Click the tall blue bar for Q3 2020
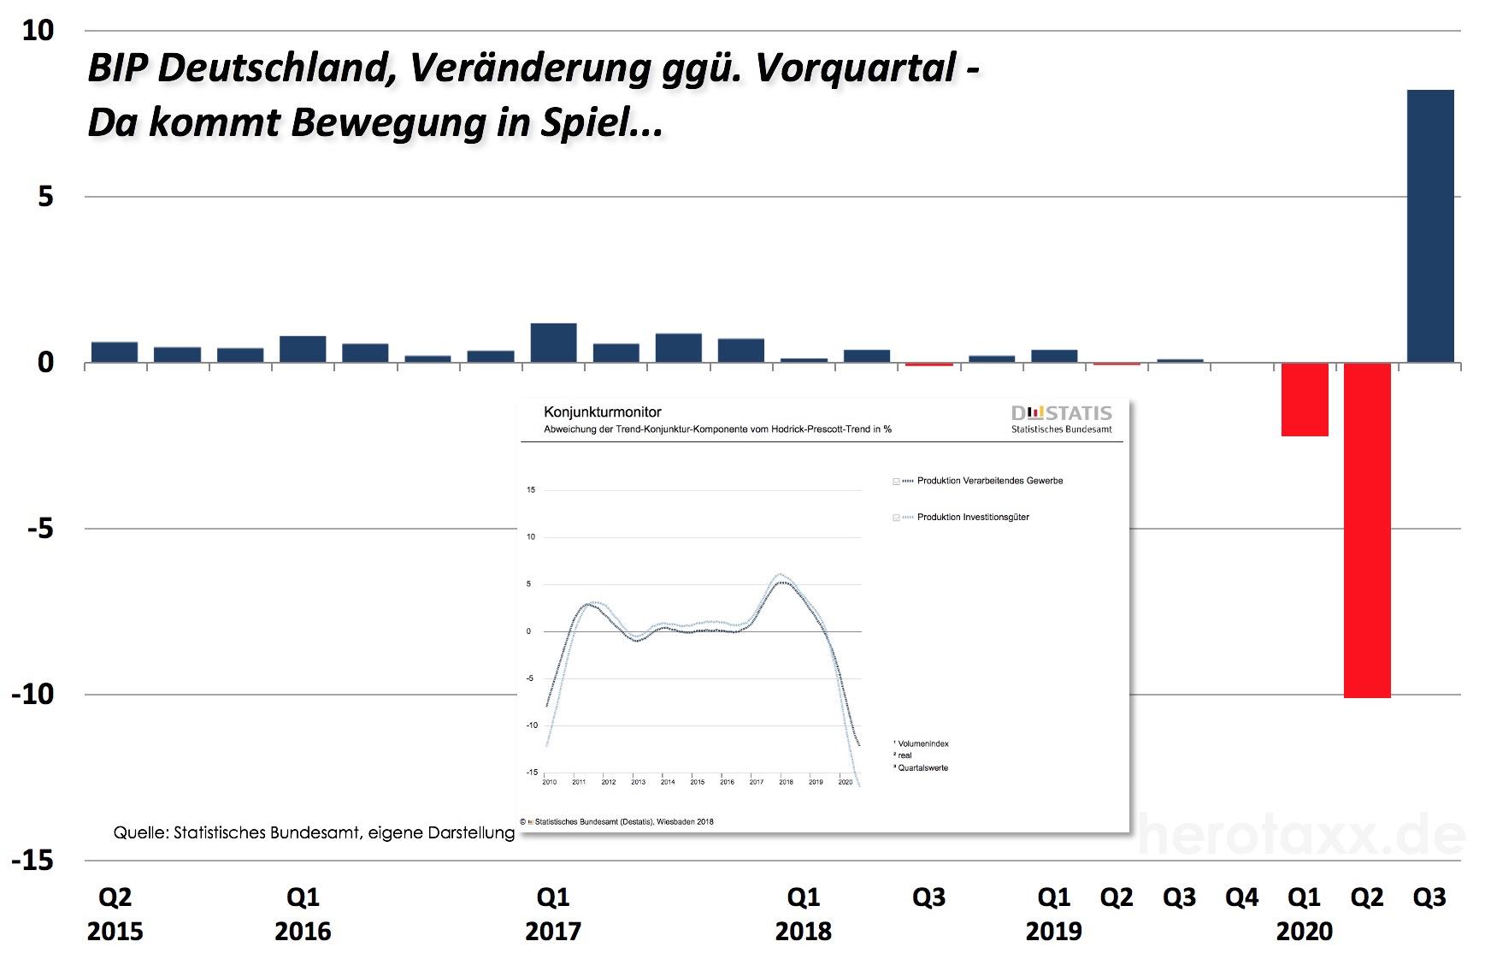[1429, 227]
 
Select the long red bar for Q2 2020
[1367, 530]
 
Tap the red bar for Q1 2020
[1305, 400]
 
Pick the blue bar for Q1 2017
[553, 343]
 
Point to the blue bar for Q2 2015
[115, 352]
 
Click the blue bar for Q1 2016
[303, 349]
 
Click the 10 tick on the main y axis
[38, 31]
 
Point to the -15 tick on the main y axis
[32, 861]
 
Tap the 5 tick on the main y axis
[45, 197]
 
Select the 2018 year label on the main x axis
[803, 932]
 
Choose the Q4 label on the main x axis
[1241, 897]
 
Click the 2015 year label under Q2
[115, 932]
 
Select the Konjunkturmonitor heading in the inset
[602, 412]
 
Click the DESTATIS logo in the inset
[1061, 414]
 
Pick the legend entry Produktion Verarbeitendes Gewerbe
[989, 481]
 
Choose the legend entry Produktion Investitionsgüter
[972, 518]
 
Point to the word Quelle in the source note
[140, 832]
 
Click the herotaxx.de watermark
[1299, 836]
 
